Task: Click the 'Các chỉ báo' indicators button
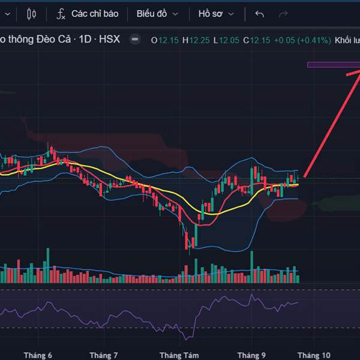tap(88, 14)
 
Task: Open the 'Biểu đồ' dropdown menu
tap(157, 14)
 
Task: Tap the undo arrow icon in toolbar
tap(259, 14)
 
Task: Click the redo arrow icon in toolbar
tap(283, 14)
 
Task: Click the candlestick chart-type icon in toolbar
tap(32, 14)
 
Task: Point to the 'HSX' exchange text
tap(109, 40)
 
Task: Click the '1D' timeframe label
tap(85, 40)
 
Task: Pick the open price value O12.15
tap(165, 40)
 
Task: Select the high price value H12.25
tap(197, 40)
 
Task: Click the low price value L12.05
tap(228, 40)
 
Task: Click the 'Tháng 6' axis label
tap(38, 355)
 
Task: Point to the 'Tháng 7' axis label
tap(104, 355)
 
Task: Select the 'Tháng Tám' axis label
tap(179, 355)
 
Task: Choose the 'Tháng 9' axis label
tap(251, 355)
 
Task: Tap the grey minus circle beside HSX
tap(136, 40)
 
